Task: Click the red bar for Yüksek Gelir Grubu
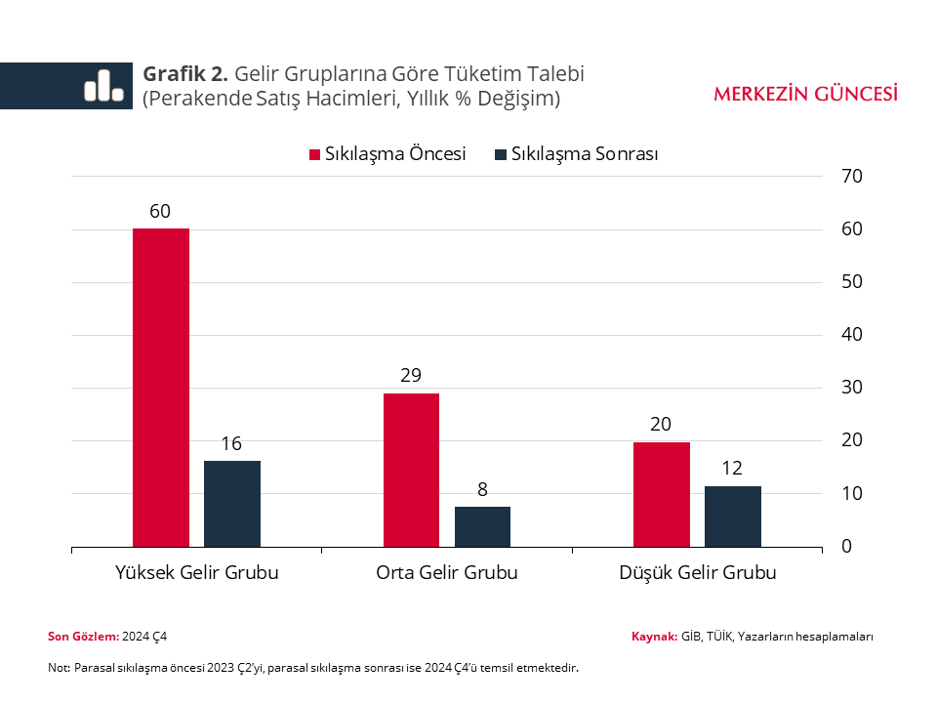161,388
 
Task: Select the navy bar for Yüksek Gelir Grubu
232,503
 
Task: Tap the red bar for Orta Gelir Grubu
411,470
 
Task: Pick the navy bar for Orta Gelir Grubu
482,526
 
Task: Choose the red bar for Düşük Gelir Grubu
661,494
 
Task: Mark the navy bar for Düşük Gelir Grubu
733,516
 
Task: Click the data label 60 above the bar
161,211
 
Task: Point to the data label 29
411,376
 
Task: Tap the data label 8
482,489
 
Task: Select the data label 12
733,469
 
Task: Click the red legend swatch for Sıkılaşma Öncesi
314,154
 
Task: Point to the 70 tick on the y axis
852,177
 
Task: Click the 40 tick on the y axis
852,335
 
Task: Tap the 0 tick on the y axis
847,547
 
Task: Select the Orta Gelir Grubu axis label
447,573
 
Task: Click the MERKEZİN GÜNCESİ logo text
805,94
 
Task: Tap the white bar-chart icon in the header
103,86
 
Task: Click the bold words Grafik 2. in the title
185,74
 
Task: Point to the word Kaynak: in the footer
654,637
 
